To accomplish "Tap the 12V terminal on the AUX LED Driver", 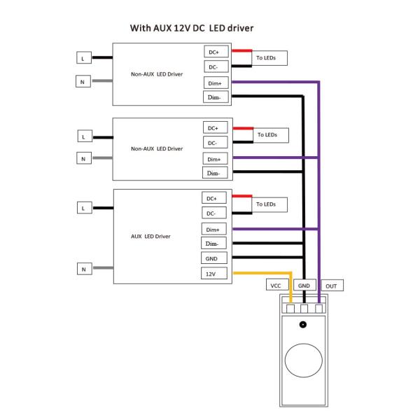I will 212,274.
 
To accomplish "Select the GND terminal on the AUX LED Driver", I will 212,258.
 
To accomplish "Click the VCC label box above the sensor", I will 275,286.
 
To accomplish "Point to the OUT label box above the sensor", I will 331,286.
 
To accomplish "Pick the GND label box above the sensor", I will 303,286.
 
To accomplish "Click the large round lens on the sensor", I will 303,362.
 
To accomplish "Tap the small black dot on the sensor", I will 303,324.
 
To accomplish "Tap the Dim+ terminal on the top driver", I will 214,83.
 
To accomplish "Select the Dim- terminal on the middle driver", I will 214,173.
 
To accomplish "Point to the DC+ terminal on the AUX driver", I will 212,198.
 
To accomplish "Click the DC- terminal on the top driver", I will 214,66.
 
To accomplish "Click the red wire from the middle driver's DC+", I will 243,128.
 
